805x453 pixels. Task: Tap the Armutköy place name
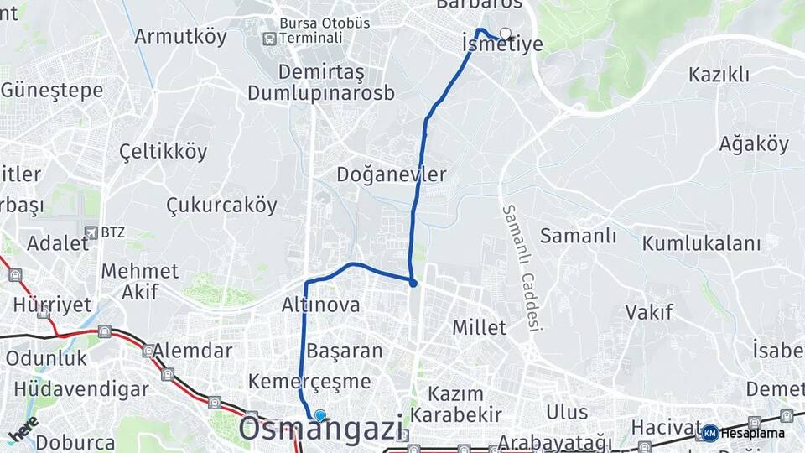(180, 36)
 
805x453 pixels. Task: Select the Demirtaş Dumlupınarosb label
(320, 81)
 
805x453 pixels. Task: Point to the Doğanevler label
(391, 174)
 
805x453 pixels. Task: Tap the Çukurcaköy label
(221, 205)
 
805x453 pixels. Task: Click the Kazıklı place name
(719, 75)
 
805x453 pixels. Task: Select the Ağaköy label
(753, 144)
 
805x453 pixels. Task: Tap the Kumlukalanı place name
(701, 243)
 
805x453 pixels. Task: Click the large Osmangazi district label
(321, 430)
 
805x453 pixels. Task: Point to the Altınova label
(321, 305)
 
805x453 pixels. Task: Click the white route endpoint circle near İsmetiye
(505, 34)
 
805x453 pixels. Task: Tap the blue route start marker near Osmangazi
(319, 415)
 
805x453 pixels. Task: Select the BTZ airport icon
(91, 231)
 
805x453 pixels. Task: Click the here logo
(23, 429)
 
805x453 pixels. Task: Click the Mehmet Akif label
(139, 281)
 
